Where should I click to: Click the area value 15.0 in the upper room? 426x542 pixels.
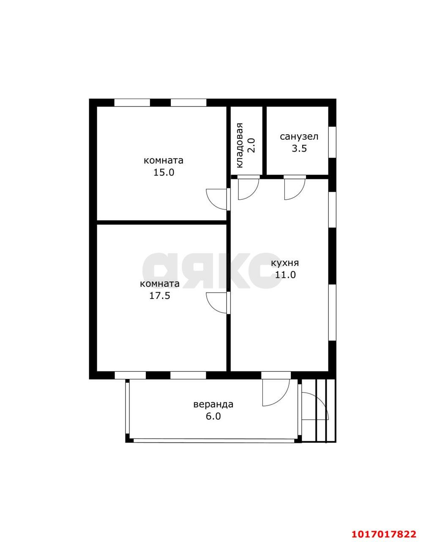click(x=164, y=172)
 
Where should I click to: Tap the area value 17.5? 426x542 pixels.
click(x=160, y=296)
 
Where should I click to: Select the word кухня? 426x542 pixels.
click(x=285, y=263)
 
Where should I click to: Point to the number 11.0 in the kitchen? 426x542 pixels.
click(x=285, y=274)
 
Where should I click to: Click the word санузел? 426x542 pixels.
click(x=299, y=137)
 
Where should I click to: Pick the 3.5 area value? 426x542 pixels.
click(x=299, y=148)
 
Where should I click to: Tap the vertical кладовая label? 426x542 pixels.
click(x=240, y=145)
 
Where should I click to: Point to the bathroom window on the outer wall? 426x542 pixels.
click(x=332, y=142)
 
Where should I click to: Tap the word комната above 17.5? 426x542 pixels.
click(x=160, y=284)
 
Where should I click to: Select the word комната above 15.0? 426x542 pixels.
click(x=164, y=160)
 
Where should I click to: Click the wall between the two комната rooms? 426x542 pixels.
click(x=162, y=222)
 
